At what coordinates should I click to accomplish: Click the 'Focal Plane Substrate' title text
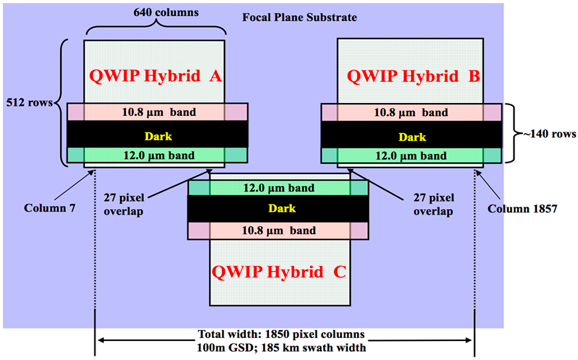pyautogui.click(x=300, y=17)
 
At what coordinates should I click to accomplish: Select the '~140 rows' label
pyautogui.click(x=545, y=134)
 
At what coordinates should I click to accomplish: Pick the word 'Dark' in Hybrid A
pyautogui.click(x=157, y=136)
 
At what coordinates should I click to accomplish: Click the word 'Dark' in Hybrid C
pyautogui.click(x=278, y=209)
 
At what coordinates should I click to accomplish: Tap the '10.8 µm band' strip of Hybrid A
pyautogui.click(x=157, y=112)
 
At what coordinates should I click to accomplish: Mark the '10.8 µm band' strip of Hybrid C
pyautogui.click(x=278, y=230)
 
